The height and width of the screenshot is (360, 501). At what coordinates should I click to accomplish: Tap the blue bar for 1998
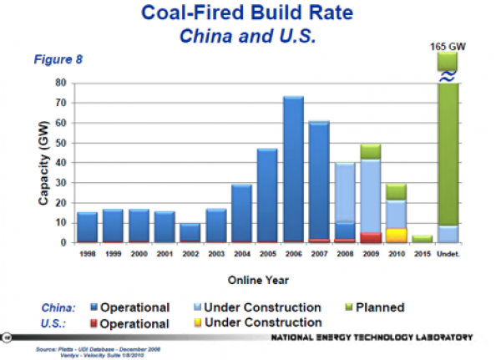[87, 226]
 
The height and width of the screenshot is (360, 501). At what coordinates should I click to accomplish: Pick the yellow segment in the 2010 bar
[397, 235]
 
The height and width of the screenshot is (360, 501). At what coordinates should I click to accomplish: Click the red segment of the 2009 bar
[371, 237]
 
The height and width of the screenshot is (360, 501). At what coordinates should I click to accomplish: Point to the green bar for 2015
[423, 239]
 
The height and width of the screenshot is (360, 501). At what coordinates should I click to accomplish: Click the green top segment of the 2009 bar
[371, 151]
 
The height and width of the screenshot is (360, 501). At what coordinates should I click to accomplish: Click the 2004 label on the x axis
[241, 253]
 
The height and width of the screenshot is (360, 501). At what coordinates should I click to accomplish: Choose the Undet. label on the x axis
[448, 253]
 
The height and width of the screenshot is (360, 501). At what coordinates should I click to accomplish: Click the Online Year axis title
[265, 280]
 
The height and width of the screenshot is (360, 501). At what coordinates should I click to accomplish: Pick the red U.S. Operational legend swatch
[94, 323]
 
